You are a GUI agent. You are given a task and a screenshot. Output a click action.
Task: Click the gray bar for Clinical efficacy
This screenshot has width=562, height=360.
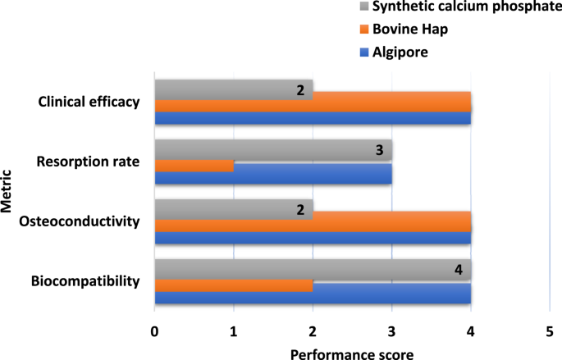pos(234,89)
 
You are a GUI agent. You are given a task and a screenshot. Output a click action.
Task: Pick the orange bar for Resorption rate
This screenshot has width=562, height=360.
pos(194,166)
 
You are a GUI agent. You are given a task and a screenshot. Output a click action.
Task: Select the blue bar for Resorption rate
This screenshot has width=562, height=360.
pos(273,177)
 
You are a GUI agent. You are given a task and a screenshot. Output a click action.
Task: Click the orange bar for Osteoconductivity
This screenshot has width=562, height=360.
pos(313,226)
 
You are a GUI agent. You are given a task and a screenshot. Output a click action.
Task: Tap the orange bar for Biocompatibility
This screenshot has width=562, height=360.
pos(234,285)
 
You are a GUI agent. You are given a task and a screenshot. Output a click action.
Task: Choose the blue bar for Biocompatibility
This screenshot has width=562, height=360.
pos(313,297)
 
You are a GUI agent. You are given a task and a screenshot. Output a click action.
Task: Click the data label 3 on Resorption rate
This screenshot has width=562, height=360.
pos(379,150)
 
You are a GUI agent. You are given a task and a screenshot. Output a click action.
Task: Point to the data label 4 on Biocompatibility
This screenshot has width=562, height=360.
pos(458,270)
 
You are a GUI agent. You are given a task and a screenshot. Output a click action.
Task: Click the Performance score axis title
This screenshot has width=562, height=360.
pos(351,353)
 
